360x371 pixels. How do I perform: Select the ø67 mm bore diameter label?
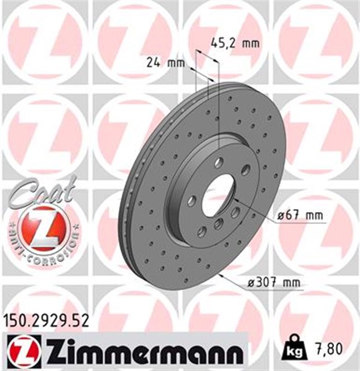click(300, 216)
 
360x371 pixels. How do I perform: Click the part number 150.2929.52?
click(46, 321)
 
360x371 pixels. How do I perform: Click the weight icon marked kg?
click(294, 350)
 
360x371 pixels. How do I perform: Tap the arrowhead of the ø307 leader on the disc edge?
click(224, 272)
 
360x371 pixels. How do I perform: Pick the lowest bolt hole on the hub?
click(202, 232)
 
